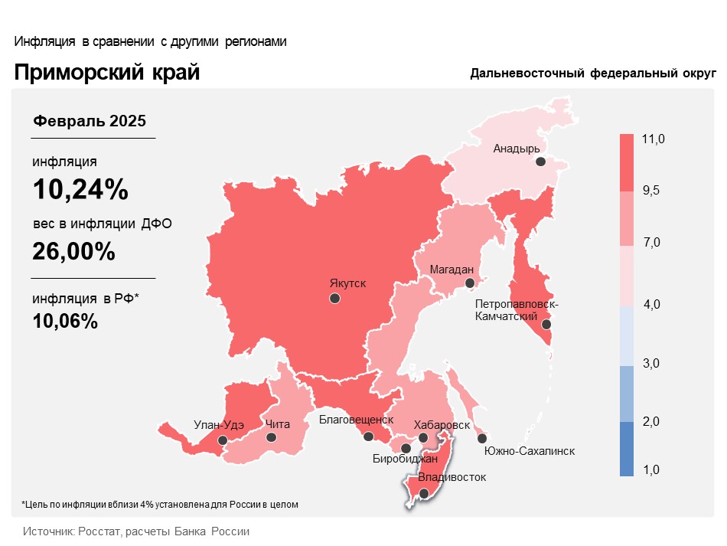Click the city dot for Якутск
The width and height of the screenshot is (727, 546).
pos(334,299)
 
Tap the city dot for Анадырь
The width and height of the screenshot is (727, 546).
pos(540,162)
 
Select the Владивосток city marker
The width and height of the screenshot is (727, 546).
pos(424,494)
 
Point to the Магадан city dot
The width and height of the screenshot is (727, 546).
pos(470,283)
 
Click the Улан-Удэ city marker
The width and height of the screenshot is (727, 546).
pos(223,440)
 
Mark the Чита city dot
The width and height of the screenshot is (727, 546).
pos(271,437)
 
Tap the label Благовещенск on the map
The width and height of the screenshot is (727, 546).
pos(356,420)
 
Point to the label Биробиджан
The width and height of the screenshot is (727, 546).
pos(405,459)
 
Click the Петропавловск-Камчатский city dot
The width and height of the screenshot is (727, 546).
pos(546,324)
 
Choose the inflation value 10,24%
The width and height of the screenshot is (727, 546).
pos(80,189)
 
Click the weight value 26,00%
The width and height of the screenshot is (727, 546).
pos(74,250)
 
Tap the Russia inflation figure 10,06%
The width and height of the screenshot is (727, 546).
pos(65,322)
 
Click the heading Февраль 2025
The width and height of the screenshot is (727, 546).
pos(89,121)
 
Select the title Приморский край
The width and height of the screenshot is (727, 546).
pos(106,73)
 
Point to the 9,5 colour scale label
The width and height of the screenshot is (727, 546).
pos(651,191)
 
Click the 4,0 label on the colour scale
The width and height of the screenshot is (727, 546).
pos(651,305)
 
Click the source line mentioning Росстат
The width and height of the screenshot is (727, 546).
pos(136,531)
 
